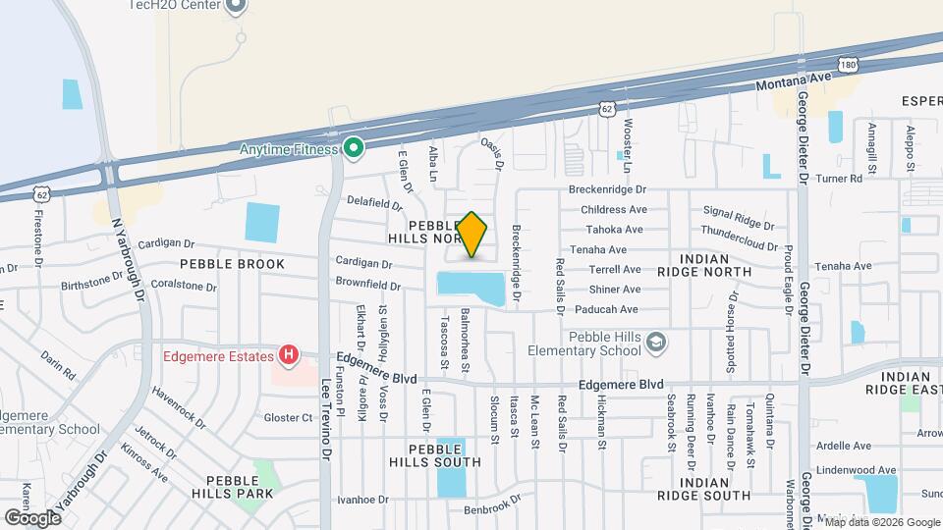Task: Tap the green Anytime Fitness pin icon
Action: pyautogui.click(x=354, y=149)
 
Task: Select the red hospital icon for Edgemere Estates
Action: pyautogui.click(x=289, y=355)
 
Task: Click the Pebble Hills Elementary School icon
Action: pyautogui.click(x=656, y=342)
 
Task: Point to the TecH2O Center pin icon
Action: pyautogui.click(x=235, y=7)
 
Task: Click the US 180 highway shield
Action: pyautogui.click(x=849, y=63)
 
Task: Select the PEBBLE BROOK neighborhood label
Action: pyautogui.click(x=232, y=264)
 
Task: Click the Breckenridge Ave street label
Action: pyautogui.click(x=608, y=188)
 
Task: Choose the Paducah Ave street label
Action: pyautogui.click(x=614, y=308)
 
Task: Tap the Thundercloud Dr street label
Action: pyautogui.click(x=741, y=239)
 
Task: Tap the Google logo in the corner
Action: pyautogui.click(x=32, y=516)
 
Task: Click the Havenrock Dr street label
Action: pyautogui.click(x=178, y=408)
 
